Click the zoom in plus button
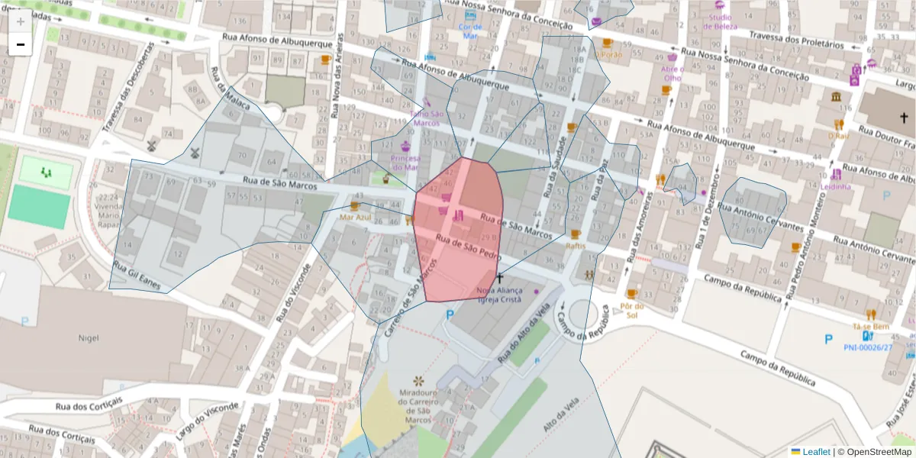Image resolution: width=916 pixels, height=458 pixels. click(x=21, y=21)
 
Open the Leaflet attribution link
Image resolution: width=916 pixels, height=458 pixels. click(x=815, y=451)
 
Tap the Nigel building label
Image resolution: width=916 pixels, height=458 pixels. click(x=89, y=337)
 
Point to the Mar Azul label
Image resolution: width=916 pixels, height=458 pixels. click(x=354, y=217)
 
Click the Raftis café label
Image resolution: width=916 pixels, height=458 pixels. click(x=576, y=246)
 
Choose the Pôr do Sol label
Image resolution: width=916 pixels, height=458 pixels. click(x=631, y=310)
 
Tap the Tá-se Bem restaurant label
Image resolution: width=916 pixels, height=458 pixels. click(x=871, y=326)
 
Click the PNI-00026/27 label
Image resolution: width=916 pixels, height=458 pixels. click(x=867, y=347)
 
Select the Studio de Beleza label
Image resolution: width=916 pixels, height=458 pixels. click(x=719, y=21)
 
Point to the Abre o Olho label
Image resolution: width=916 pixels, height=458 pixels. click(x=672, y=73)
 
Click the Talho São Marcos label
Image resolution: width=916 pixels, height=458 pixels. click(x=427, y=118)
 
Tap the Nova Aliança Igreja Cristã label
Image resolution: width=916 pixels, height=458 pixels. click(x=498, y=295)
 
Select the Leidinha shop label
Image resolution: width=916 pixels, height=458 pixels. click(x=837, y=186)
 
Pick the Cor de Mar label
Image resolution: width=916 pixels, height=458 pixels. click(x=469, y=31)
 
